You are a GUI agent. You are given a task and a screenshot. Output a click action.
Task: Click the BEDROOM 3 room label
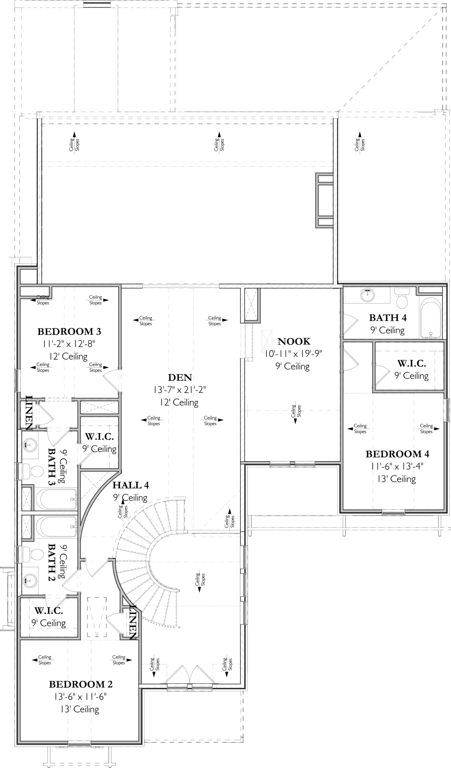[69, 331]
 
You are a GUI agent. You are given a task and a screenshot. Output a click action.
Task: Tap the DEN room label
[180, 378]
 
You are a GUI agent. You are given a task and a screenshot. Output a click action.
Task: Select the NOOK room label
[294, 341]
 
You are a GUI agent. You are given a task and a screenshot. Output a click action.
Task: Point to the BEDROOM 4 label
[397, 454]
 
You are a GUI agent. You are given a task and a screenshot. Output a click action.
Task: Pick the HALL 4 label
[131, 485]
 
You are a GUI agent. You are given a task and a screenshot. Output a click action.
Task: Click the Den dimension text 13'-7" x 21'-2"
[180, 390]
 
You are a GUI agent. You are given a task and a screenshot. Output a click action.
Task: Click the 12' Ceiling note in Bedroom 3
[68, 356]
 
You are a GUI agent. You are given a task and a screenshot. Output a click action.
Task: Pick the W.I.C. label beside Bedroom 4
[411, 363]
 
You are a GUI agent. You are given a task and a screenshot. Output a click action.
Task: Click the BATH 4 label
[388, 318]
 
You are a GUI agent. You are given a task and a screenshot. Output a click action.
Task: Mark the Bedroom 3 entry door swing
[111, 380]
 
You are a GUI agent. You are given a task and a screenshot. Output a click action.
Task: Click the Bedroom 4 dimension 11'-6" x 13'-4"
[397, 466]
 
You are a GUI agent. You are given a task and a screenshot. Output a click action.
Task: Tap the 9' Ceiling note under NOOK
[293, 366]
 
